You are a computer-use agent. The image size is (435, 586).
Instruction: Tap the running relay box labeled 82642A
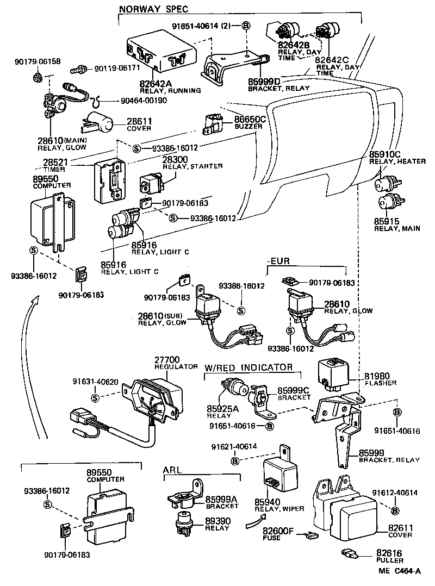(157, 54)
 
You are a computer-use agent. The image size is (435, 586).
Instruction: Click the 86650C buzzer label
(250, 119)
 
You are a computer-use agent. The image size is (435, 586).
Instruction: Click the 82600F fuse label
(278, 531)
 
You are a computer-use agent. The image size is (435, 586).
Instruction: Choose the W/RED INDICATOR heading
(248, 367)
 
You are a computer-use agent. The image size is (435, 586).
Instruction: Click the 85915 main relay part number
(387, 221)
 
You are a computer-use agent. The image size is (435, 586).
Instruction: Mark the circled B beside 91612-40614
(395, 510)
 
